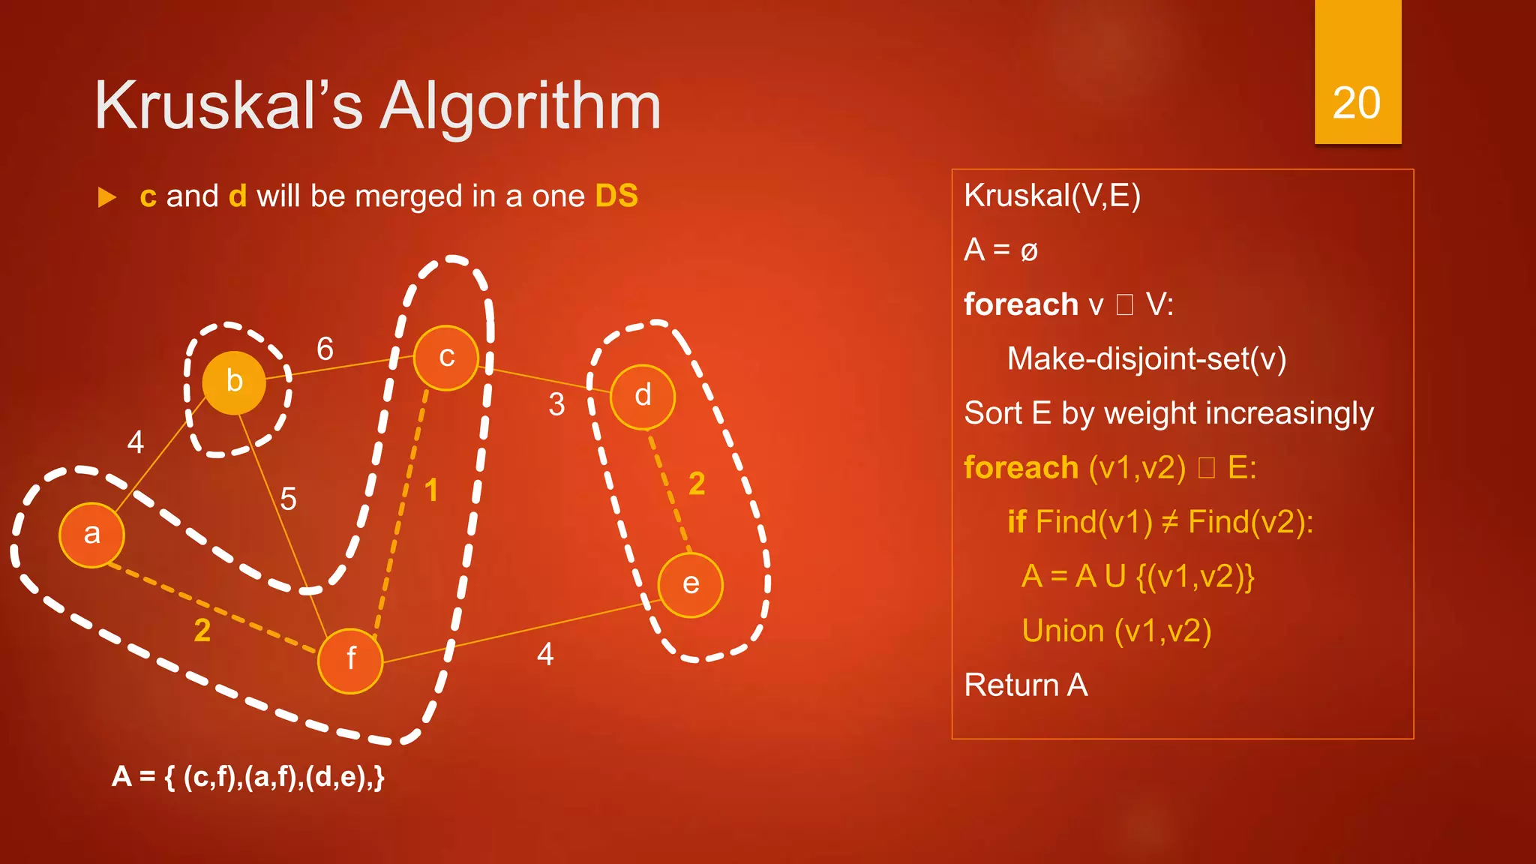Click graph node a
[x=91, y=535]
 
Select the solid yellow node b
[x=234, y=382]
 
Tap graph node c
[x=446, y=358]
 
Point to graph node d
[x=643, y=397]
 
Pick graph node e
[x=690, y=585]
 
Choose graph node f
[x=350, y=660]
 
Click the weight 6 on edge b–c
[x=325, y=349]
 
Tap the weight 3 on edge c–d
[x=556, y=405]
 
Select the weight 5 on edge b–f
[x=288, y=499]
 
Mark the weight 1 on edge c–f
[x=431, y=490]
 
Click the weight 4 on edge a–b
[x=135, y=442]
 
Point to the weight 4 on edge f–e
[x=545, y=655]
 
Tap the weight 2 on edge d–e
[x=697, y=484]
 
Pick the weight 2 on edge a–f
[x=202, y=631]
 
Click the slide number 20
[x=1356, y=103]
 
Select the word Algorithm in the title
[x=520, y=106]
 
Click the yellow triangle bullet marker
[x=107, y=198]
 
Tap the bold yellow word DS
[x=616, y=196]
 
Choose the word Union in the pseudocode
[x=1062, y=631]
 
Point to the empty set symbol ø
[x=1029, y=251]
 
